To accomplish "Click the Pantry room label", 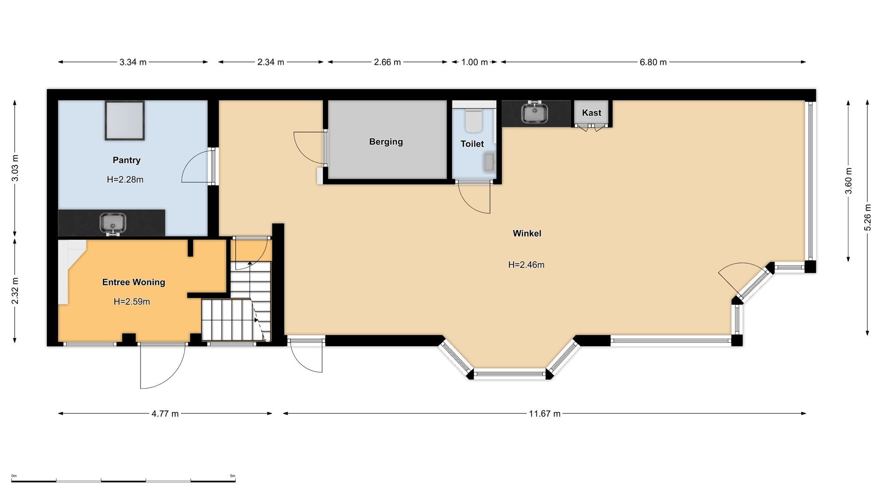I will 126,160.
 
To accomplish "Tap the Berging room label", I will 386,142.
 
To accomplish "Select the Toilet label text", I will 472,144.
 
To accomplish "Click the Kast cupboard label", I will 591,113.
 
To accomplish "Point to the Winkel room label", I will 527,233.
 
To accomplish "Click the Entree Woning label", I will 133,282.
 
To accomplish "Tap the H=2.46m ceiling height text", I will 526,265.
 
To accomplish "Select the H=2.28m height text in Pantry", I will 125,180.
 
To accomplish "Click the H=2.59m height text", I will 132,302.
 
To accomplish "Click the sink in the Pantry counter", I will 113,223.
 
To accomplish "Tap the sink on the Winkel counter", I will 535,113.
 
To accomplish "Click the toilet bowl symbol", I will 473,120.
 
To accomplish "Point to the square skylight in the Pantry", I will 124,120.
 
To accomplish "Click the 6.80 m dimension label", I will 653,62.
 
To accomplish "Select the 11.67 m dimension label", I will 544,414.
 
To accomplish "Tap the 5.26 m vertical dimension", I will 867,218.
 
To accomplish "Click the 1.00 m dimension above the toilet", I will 474,62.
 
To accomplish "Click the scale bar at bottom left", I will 123,480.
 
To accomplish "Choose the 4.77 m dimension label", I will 165,414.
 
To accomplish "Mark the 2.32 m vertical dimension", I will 15,291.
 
